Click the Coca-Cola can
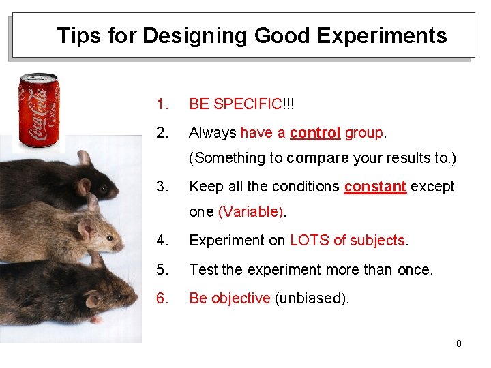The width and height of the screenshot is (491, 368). click(x=39, y=110)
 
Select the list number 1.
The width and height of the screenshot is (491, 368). click(x=162, y=104)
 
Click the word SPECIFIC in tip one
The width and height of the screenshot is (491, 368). click(x=247, y=104)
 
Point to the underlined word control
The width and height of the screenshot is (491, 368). click(x=315, y=133)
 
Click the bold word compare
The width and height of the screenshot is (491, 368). click(x=318, y=158)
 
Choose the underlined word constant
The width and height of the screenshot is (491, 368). click(x=375, y=187)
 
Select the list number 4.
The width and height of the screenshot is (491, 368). click(x=162, y=241)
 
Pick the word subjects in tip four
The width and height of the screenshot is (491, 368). click(x=376, y=241)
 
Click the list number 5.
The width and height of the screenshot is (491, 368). click(x=162, y=270)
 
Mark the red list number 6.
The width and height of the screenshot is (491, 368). click(x=162, y=298)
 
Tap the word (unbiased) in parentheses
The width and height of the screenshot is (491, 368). click(x=312, y=298)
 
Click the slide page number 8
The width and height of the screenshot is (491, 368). click(x=459, y=343)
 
